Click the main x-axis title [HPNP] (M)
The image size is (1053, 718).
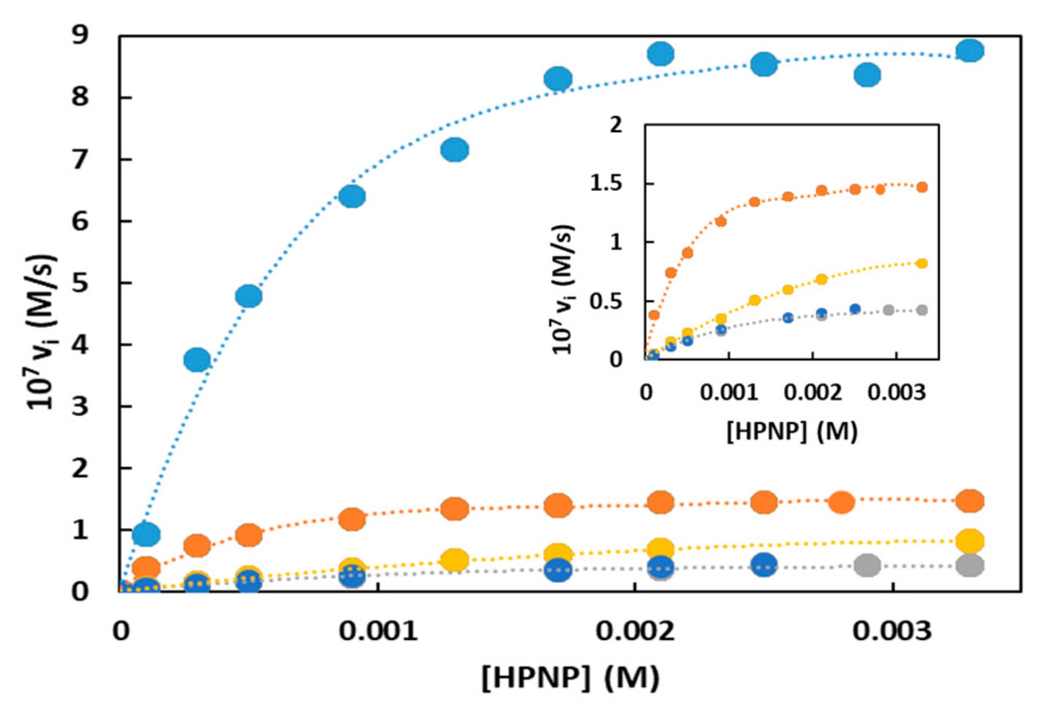click(x=570, y=678)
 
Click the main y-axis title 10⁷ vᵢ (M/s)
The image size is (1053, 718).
click(x=41, y=332)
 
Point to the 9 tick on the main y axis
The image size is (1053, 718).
click(x=79, y=35)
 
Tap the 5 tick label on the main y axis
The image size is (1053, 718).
click(x=79, y=283)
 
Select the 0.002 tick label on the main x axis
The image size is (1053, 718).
click(x=635, y=631)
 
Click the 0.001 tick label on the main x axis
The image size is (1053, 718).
click(x=378, y=631)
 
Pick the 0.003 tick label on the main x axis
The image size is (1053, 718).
click(x=892, y=631)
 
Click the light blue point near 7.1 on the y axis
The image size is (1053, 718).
click(x=455, y=150)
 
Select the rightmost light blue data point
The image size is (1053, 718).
click(x=970, y=51)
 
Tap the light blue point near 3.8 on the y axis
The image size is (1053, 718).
click(x=197, y=360)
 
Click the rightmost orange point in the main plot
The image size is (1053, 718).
click(x=970, y=500)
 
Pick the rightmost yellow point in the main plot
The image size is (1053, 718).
click(x=970, y=541)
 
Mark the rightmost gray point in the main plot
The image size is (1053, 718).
click(x=970, y=566)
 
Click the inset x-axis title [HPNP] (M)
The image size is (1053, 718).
click(x=792, y=431)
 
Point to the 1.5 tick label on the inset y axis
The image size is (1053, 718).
click(x=606, y=184)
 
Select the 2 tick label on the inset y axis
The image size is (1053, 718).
click(x=616, y=125)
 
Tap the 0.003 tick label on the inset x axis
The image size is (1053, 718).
click(x=896, y=392)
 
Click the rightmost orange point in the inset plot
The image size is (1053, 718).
click(x=922, y=187)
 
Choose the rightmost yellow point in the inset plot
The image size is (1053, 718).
click(x=922, y=263)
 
